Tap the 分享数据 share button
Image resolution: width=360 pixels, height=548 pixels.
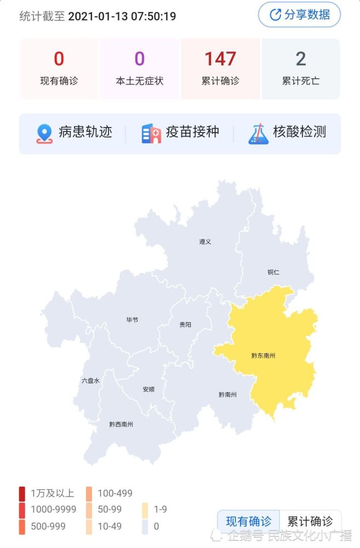point(299,15)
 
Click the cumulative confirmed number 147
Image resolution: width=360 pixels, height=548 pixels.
point(220,59)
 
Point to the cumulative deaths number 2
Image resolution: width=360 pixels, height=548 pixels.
point(300,59)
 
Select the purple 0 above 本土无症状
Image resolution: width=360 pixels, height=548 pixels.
point(139,59)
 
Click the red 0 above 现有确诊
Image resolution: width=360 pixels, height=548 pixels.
point(59,59)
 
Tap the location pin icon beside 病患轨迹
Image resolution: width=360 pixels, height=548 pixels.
point(44,133)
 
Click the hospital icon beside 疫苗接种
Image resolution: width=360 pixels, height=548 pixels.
point(151,133)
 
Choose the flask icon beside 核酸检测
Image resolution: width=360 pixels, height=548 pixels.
point(258,133)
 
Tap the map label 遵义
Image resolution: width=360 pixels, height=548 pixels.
point(205,242)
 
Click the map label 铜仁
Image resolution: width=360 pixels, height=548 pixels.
point(273,272)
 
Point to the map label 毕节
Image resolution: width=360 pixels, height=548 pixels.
point(132,319)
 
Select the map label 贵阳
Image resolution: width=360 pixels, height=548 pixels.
point(185,324)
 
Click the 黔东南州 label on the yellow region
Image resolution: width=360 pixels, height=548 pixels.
point(263,356)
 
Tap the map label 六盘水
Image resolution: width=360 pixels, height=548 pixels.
point(90,380)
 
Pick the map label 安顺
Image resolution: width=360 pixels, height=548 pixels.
point(148,390)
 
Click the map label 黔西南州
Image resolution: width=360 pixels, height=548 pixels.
point(121,424)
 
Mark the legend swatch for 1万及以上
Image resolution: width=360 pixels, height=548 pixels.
point(22,493)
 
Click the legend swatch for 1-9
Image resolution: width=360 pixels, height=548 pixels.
point(145,510)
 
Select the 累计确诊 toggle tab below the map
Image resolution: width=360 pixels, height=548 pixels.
point(310,521)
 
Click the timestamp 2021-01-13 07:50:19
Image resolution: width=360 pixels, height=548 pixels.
point(122,16)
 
